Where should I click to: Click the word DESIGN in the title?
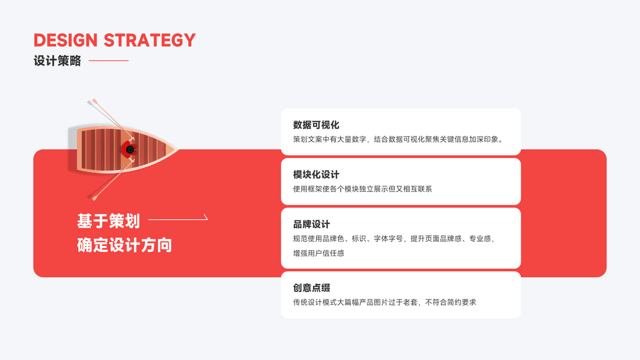coord(65,40)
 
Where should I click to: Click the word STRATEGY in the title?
coord(150,40)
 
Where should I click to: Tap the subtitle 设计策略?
coord(57,61)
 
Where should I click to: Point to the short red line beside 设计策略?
coord(109,61)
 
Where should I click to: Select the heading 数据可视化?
coord(316,125)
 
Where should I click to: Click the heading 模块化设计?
coord(316,175)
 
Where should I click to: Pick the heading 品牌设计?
coord(311,224)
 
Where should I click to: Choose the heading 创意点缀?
coord(311,288)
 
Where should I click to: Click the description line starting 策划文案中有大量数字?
coord(398,139)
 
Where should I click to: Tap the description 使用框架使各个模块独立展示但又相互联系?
coord(362,189)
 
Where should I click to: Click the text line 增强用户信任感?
coord(319,253)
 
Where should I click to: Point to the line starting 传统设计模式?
coord(384,302)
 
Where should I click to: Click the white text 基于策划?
coord(109,221)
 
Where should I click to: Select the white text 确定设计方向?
coord(124,245)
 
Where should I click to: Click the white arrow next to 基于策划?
coord(178,219)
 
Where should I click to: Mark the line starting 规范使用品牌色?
coord(393,239)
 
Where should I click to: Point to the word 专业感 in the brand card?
coord(479,239)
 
